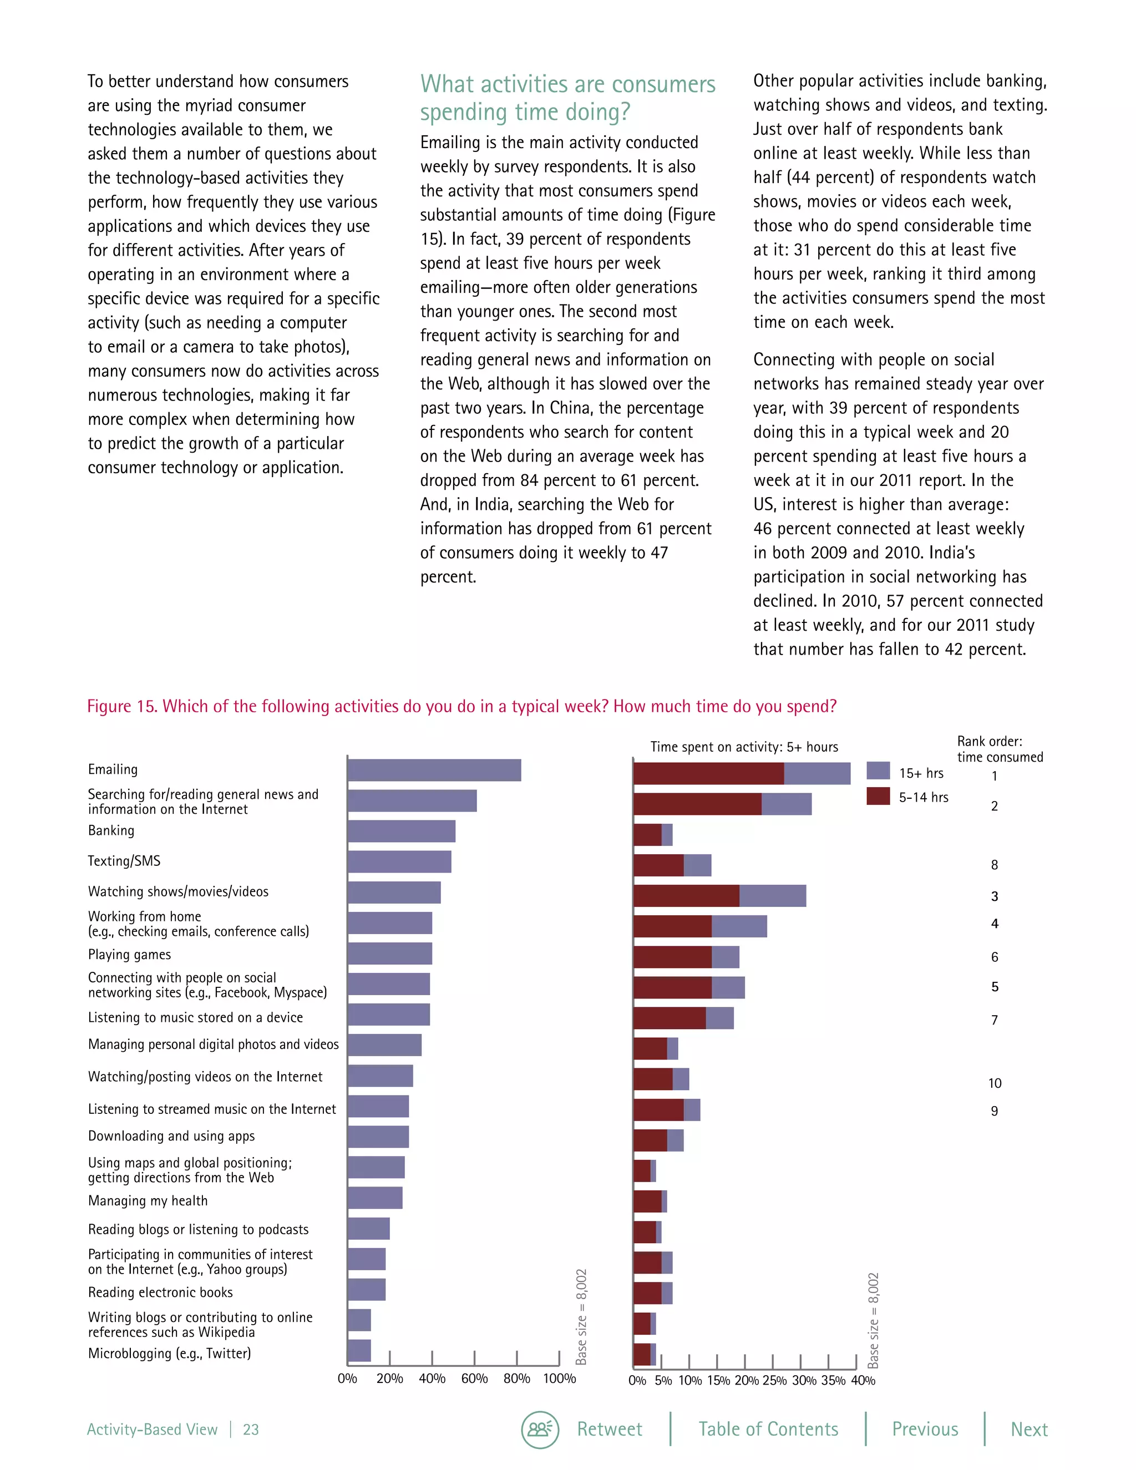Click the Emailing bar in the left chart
pos(434,770)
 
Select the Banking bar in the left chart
pos(401,832)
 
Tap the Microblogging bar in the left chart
pos(359,1351)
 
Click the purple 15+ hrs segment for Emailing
pos(817,773)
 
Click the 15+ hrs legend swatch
pos(878,772)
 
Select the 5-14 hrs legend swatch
pos(878,796)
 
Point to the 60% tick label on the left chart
pos(474,1378)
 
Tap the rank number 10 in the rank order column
pos(995,1083)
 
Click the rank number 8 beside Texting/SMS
pos(995,865)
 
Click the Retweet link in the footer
pos(609,1429)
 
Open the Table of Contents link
pos(768,1429)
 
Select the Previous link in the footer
pos(925,1429)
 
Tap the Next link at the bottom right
pos(1029,1429)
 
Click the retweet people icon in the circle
pos(540,1429)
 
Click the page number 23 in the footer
pos(250,1430)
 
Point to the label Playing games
pos(129,955)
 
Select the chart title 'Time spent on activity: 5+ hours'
pos(744,747)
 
